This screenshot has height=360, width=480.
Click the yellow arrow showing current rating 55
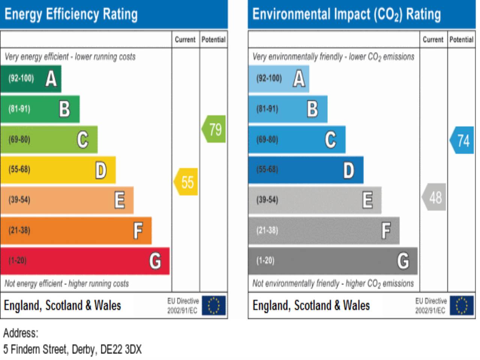[186, 182]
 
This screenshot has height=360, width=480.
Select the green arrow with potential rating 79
[214, 129]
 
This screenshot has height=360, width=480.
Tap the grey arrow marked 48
[434, 197]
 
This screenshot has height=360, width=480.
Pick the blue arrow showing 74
[462, 140]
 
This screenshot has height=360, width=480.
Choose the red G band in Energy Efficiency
[85, 261]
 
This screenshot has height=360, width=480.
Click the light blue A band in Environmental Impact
[279, 79]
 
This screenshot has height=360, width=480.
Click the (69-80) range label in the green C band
[19, 139]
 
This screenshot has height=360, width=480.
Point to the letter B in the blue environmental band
[312, 109]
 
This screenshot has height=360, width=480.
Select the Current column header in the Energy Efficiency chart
[185, 39]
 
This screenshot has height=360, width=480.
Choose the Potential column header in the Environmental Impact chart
[461, 39]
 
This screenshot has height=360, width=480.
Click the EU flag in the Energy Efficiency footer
[214, 305]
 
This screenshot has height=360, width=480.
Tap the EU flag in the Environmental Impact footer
[462, 305]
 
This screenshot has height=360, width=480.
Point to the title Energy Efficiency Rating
[71, 14]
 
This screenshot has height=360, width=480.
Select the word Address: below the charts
[21, 333]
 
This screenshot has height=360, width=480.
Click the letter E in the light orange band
[120, 200]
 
